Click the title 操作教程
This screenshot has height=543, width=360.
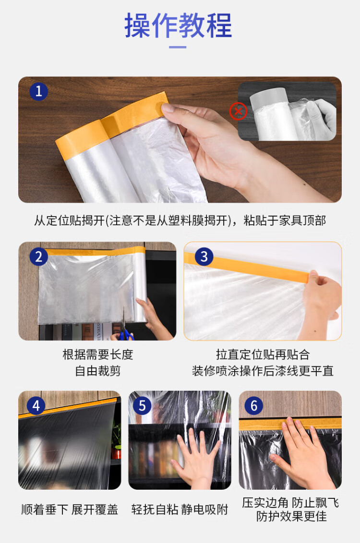coord(178,25)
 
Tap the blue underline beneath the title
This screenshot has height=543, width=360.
coord(178,47)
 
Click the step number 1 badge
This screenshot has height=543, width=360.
coord(38,91)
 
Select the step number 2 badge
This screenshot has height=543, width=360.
coord(38,257)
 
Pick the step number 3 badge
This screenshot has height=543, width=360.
coord(204,257)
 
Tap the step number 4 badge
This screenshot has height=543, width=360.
coord(36,406)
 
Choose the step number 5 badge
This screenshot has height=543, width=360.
coord(142,406)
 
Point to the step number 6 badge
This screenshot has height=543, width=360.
coord(254,406)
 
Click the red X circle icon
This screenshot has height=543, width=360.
coord(238,111)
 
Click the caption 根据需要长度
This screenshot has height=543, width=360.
coord(97,355)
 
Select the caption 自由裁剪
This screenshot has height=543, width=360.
coord(97,371)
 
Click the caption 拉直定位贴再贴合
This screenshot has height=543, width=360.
coord(263,355)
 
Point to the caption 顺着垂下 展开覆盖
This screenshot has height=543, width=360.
coord(70,509)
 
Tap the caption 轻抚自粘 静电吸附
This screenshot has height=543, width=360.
coord(180,509)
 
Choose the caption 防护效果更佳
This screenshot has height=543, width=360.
coord(291,516)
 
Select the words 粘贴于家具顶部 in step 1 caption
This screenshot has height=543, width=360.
coord(285,220)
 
